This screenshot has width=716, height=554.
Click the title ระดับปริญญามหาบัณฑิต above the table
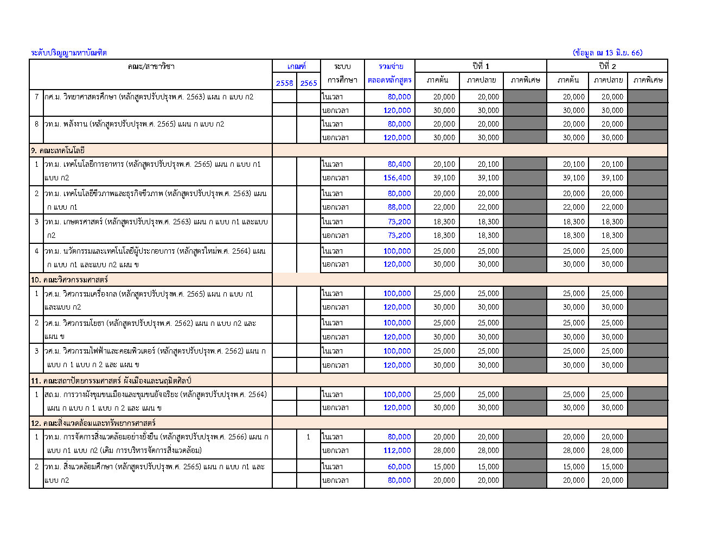point(69,53)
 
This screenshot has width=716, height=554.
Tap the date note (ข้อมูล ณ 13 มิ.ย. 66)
point(608,53)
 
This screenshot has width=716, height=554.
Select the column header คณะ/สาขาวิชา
point(151,66)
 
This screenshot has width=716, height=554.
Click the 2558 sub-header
point(284,83)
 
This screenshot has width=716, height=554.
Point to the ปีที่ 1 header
point(481,66)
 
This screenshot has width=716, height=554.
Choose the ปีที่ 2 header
point(607,66)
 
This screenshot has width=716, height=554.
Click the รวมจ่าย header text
point(391,66)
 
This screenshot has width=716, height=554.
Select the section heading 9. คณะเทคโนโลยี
point(58,150)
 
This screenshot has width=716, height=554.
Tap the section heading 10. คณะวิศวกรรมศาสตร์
point(69,280)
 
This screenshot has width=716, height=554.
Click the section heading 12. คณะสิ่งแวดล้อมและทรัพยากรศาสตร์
point(93,423)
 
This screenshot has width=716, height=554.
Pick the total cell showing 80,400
point(399,164)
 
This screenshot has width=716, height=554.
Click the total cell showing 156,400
point(397,178)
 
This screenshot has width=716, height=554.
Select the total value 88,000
point(399,207)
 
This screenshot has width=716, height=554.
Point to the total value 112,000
point(397,450)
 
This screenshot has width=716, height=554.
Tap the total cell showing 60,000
point(399,467)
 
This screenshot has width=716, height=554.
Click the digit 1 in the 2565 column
point(308,437)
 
